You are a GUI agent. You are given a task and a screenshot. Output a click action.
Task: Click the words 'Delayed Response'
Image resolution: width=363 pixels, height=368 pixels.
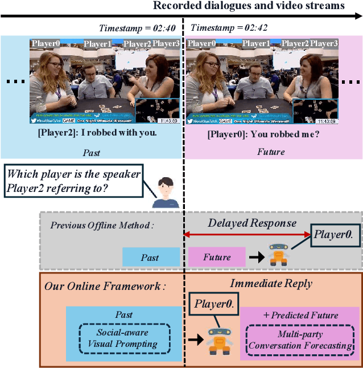click(251, 223)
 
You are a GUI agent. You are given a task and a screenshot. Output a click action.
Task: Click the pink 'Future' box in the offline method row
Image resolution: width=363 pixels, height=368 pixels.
click(217, 257)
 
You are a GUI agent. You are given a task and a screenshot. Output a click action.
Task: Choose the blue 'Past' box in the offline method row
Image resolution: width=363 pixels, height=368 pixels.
click(150, 257)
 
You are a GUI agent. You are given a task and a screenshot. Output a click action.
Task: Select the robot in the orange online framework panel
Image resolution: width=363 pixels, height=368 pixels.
click(218, 341)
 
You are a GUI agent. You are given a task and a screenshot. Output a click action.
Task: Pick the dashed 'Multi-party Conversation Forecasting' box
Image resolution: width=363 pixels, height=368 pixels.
click(300, 340)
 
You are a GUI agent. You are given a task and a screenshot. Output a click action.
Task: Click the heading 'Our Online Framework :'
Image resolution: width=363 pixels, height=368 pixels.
click(105, 286)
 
